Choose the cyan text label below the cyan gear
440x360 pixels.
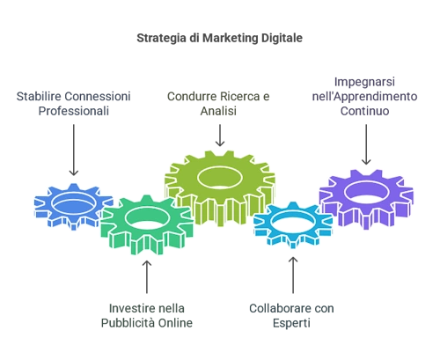pyautogui.click(x=290, y=314)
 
